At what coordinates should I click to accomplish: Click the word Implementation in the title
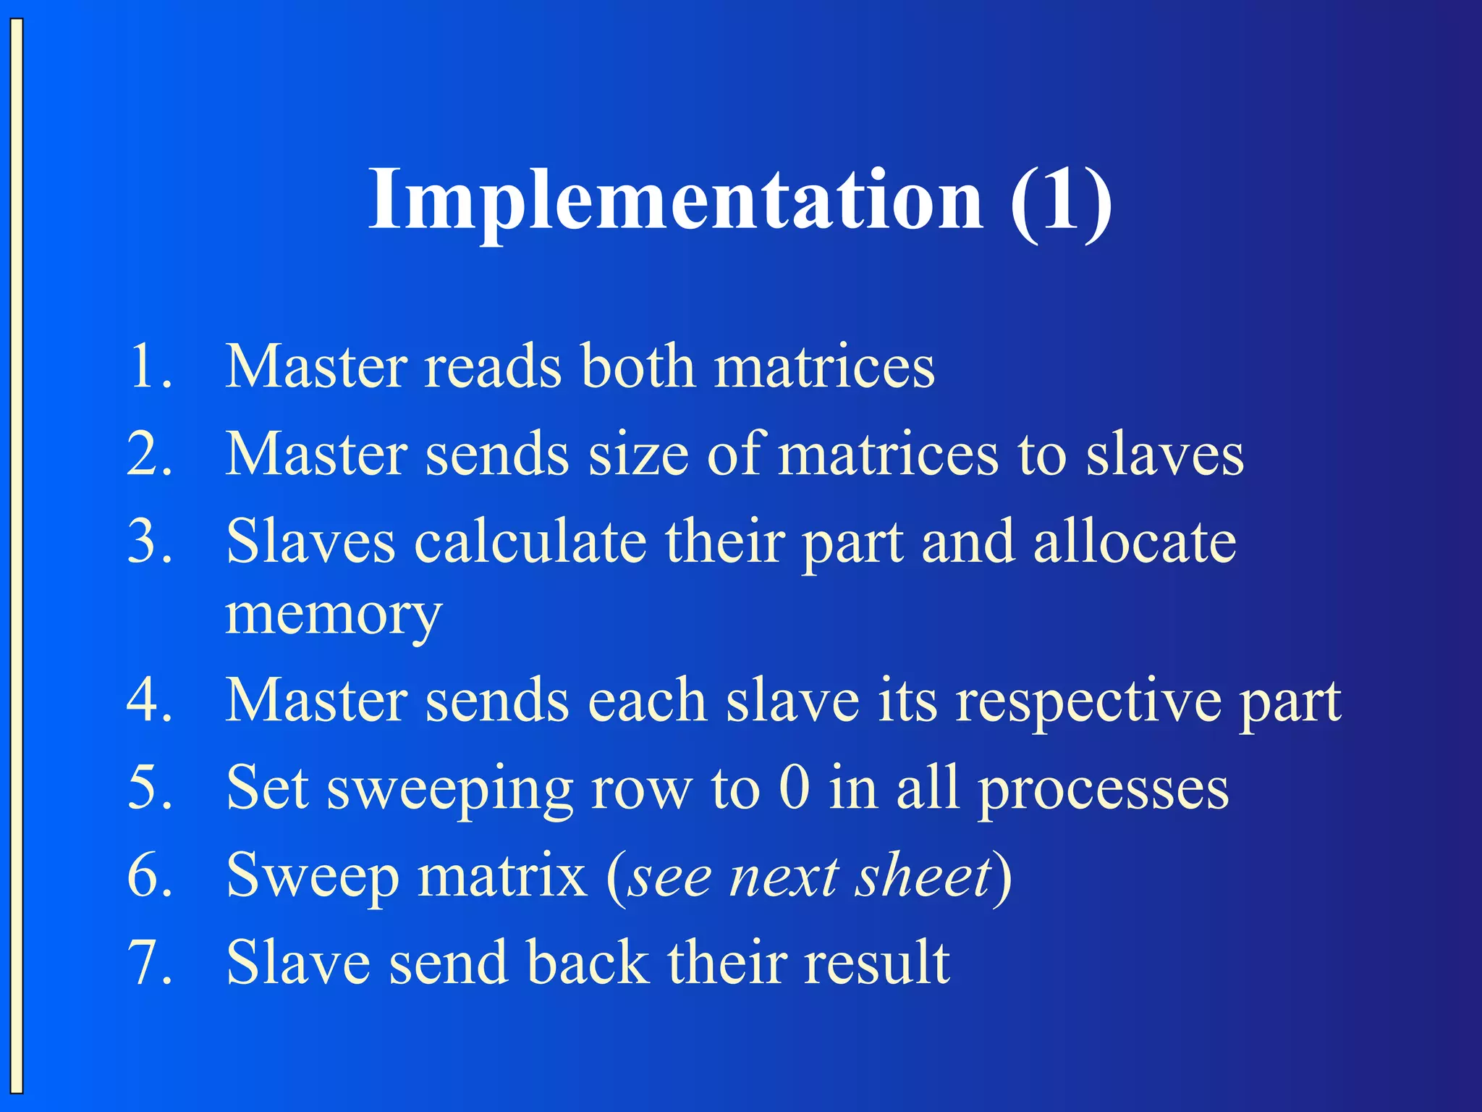pyautogui.click(x=676, y=200)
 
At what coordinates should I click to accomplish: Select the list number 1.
pyautogui.click(x=149, y=366)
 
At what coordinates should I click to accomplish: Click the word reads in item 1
pyautogui.click(x=492, y=366)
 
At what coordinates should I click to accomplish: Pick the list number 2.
pyautogui.click(x=149, y=455)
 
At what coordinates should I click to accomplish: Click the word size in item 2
pyautogui.click(x=638, y=455)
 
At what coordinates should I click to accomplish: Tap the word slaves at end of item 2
pyautogui.click(x=1165, y=455)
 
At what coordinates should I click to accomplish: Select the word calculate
pyautogui.click(x=530, y=542)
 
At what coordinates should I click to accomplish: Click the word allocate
pyautogui.click(x=1135, y=542)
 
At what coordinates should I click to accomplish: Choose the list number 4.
pyautogui.click(x=149, y=701)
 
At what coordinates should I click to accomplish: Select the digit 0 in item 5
pyautogui.click(x=795, y=788)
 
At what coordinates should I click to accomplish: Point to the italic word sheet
pyautogui.click(x=923, y=876)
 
